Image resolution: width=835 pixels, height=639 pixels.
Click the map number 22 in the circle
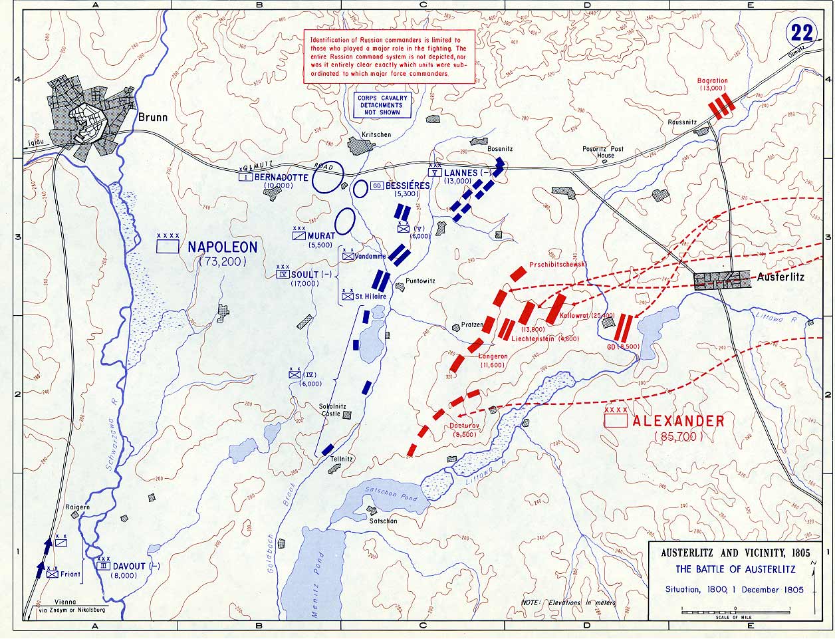pos(801,33)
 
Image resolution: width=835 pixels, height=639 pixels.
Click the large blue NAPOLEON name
pos(222,247)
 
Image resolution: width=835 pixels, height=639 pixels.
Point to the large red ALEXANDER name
pos(678,422)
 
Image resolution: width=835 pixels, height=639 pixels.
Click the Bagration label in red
pos(712,81)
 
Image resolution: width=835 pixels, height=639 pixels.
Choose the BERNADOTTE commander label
pos(281,178)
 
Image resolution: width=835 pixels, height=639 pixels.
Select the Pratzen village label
pos(472,326)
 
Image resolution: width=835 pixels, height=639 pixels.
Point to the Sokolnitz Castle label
pos(331,409)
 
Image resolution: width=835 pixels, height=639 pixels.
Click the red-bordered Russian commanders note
pos(389,57)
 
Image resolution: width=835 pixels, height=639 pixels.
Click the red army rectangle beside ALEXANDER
pos(616,421)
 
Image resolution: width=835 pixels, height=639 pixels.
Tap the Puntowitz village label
pos(419,281)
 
